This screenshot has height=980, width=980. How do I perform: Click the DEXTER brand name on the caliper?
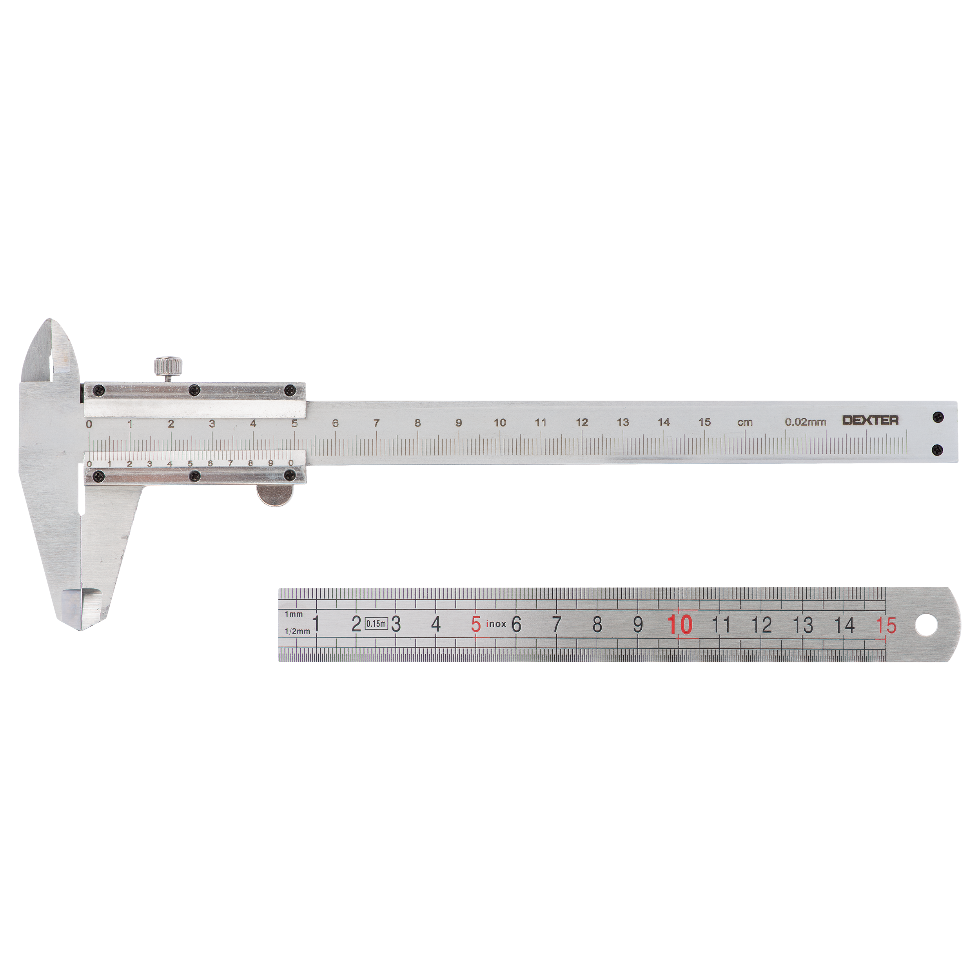(870, 420)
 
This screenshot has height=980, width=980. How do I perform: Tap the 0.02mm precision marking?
(806, 421)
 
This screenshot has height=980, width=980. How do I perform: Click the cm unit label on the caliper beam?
(745, 422)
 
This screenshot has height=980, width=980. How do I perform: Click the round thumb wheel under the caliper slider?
(274, 495)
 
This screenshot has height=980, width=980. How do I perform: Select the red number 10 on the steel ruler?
(680, 625)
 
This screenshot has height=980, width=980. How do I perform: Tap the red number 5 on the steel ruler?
(475, 624)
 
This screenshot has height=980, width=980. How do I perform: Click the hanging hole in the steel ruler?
(927, 625)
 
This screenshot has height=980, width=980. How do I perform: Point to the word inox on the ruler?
(496, 624)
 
